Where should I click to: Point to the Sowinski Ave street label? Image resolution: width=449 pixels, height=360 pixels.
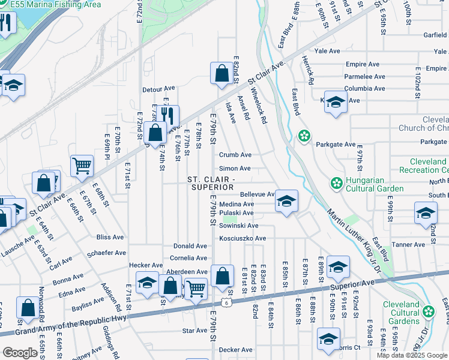click(x=238, y=226)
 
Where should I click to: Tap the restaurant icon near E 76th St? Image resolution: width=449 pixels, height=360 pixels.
click(x=171, y=115)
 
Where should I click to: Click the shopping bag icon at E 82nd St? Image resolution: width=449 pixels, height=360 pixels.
click(x=221, y=74)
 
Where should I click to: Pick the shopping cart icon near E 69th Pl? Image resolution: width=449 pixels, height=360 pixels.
click(x=82, y=166)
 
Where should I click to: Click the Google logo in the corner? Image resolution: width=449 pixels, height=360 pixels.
click(x=20, y=353)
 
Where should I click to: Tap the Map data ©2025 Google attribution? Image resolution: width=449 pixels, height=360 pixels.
click(x=412, y=355)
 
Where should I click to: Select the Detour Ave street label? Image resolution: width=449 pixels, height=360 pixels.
click(x=158, y=90)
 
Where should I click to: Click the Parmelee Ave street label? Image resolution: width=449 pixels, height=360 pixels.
click(x=364, y=77)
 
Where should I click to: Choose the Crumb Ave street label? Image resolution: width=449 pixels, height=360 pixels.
click(x=235, y=155)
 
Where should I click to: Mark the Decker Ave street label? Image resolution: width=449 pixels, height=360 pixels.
click(x=236, y=350)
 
